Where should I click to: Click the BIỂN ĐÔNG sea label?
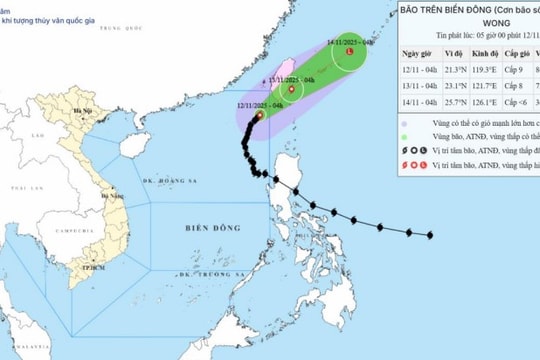(x=208, y=229)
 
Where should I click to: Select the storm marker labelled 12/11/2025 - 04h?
(x=259, y=116)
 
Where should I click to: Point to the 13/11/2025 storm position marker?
(x=291, y=89)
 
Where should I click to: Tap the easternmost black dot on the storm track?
(x=430, y=235)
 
